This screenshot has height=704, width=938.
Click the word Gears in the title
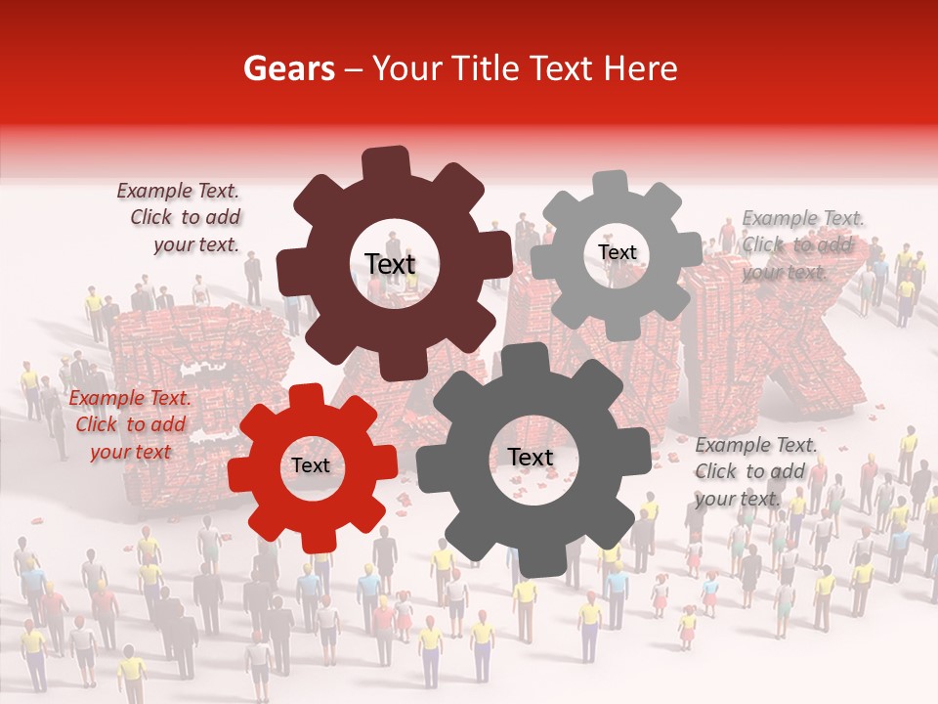point(288,68)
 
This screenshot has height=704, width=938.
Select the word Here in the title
point(639,68)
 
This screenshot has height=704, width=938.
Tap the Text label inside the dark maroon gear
point(390,264)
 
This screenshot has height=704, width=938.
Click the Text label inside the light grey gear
point(617,252)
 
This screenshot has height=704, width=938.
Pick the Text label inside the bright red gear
point(311,466)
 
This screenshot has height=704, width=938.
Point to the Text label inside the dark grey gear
point(530,458)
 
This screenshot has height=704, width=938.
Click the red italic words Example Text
point(130,399)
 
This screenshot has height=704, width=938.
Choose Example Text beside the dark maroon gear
point(178,192)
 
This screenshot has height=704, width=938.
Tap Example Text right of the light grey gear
point(803,218)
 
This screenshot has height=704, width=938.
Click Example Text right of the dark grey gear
point(756,445)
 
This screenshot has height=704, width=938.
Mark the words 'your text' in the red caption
point(130,452)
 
